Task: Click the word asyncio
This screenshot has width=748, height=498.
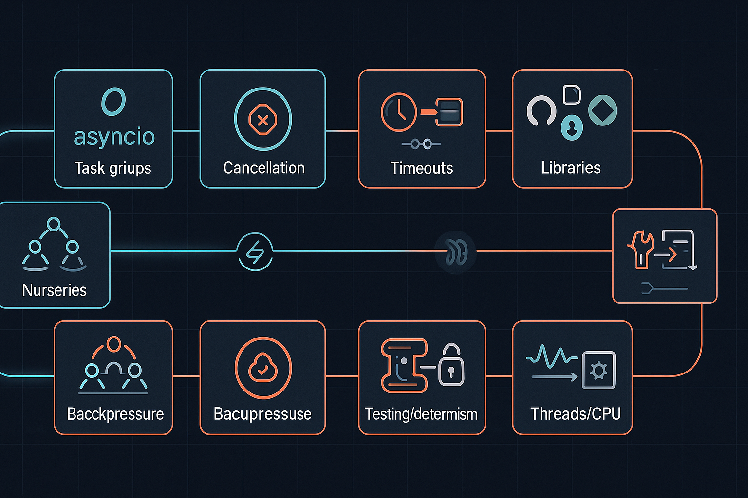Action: coord(114,137)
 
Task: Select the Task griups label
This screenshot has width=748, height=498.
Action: coord(113,168)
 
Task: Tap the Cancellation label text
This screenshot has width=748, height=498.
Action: coord(264,168)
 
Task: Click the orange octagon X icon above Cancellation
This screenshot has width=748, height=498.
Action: coord(262,120)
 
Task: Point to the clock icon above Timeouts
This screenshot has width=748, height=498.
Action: coord(399,112)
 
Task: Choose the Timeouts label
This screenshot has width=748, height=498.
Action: coord(422,168)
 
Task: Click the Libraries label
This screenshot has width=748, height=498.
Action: coord(571,168)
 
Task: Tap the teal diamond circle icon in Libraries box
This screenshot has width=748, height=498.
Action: coord(602,110)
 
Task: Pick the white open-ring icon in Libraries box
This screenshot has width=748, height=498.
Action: coord(541,111)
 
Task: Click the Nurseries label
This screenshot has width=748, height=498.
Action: coord(55,290)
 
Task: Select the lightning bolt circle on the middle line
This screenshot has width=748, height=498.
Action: coord(255,252)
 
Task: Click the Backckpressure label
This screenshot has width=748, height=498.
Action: coord(115,414)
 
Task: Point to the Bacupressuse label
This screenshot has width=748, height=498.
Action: coord(262,414)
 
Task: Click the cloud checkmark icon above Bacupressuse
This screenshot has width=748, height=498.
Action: coord(263,368)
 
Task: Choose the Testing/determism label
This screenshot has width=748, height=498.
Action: coord(421,414)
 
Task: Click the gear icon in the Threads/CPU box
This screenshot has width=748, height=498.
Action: coord(598,371)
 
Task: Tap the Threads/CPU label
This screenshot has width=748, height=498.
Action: coord(575,414)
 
